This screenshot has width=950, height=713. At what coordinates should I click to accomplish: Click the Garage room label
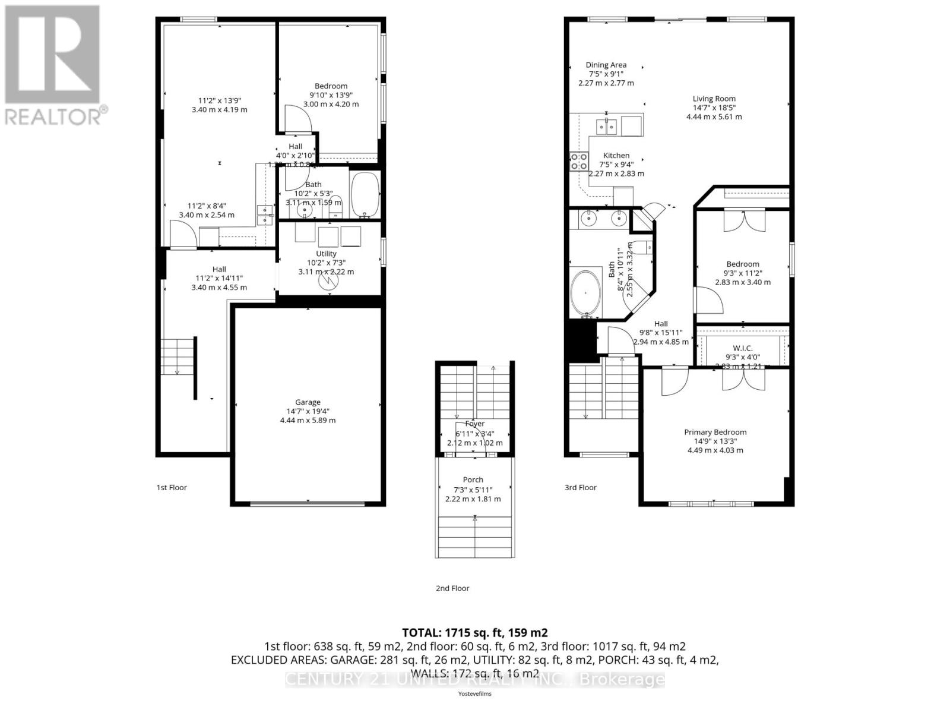pyautogui.click(x=308, y=402)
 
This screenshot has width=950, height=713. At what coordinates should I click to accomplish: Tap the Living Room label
pyautogui.click(x=714, y=99)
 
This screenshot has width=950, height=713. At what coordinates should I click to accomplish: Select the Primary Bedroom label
pyautogui.click(x=715, y=432)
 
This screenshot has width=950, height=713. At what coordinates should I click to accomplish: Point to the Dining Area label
pyautogui.click(x=606, y=65)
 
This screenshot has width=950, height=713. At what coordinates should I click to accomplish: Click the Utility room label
pyautogui.click(x=326, y=254)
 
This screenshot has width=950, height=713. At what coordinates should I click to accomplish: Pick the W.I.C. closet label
pyautogui.click(x=742, y=348)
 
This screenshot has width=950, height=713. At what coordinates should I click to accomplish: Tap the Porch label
pyautogui.click(x=473, y=479)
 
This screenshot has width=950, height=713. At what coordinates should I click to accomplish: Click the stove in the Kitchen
pyautogui.click(x=579, y=162)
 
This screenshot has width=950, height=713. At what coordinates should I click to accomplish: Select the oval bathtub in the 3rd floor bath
pyautogui.click(x=585, y=293)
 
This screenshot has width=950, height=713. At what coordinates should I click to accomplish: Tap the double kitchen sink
pyautogui.click(x=607, y=126)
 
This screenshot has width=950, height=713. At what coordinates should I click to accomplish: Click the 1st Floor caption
pyautogui.click(x=172, y=487)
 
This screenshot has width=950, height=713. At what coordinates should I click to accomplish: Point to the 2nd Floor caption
pyautogui.click(x=452, y=588)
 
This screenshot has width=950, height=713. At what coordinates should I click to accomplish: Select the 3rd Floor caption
pyautogui.click(x=580, y=487)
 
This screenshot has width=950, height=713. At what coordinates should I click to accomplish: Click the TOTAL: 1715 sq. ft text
pyautogui.click(x=474, y=633)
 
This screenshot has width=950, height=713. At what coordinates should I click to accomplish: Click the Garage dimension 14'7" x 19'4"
pyautogui.click(x=308, y=411)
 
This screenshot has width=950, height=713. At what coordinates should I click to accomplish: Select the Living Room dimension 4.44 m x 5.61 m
pyautogui.click(x=714, y=116)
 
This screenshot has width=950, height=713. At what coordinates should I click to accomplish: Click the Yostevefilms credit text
pyautogui.click(x=474, y=693)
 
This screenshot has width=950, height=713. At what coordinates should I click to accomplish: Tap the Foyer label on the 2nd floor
pyautogui.click(x=474, y=424)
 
